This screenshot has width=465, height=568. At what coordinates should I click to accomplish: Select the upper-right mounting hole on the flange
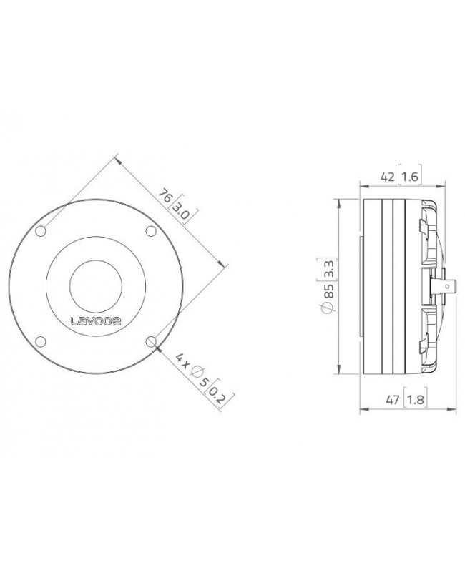[x=151, y=231]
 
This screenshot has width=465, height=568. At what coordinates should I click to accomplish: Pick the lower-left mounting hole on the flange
[x=41, y=341]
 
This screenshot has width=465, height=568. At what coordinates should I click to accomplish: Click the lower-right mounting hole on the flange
[x=151, y=341]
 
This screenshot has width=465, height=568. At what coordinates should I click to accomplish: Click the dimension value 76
[x=165, y=196]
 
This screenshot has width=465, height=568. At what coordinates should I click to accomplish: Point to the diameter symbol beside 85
[x=327, y=308]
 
